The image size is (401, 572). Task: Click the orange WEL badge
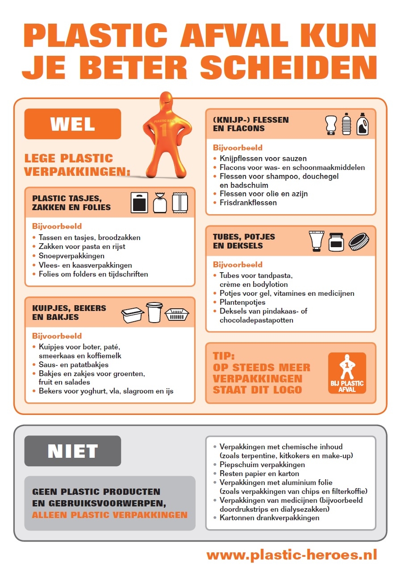click(x=72, y=124)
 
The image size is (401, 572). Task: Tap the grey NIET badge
click(x=72, y=451)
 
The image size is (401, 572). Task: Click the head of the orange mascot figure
click(x=163, y=104)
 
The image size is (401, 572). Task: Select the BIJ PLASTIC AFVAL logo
click(x=347, y=373)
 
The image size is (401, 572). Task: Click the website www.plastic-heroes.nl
click(x=292, y=554)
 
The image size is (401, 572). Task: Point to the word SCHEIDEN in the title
click(x=288, y=67)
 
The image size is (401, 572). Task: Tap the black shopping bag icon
click(x=139, y=203)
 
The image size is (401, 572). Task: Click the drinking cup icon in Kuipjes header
click(x=154, y=312)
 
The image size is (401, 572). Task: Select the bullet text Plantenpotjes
click(x=242, y=302)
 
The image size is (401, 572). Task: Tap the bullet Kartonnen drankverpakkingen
click(x=269, y=518)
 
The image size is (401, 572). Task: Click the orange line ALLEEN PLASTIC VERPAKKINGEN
click(x=110, y=515)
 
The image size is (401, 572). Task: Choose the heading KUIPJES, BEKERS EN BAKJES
click(x=69, y=313)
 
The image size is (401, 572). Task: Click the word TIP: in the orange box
click(x=224, y=356)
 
